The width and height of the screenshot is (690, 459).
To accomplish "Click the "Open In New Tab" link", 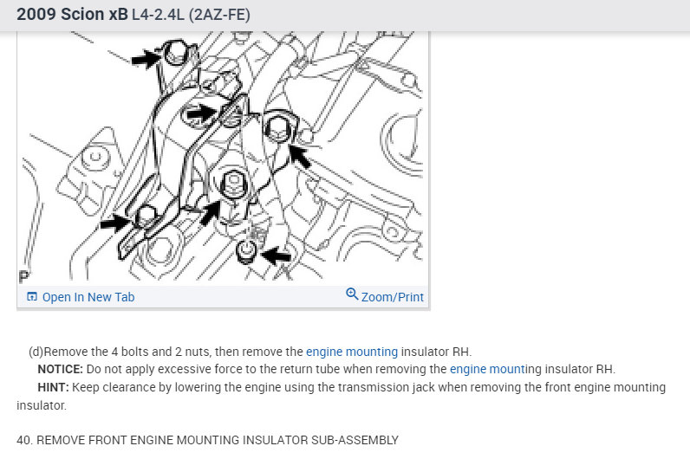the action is click(88, 297).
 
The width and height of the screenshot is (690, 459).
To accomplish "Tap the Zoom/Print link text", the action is click(393, 297).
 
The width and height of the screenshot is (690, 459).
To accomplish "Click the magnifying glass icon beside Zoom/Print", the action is click(352, 294).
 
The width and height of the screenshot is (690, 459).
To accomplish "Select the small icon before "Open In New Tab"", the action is click(32, 296).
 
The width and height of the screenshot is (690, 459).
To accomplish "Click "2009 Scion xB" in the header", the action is click(72, 14).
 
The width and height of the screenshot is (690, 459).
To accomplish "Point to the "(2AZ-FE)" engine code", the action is click(219, 15).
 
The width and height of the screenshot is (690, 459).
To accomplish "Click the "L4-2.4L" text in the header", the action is click(158, 15).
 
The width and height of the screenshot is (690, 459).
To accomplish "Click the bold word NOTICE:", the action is click(61, 369).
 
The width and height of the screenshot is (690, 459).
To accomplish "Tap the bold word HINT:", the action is click(53, 387).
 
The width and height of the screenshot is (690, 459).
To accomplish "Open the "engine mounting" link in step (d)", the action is click(352, 352).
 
